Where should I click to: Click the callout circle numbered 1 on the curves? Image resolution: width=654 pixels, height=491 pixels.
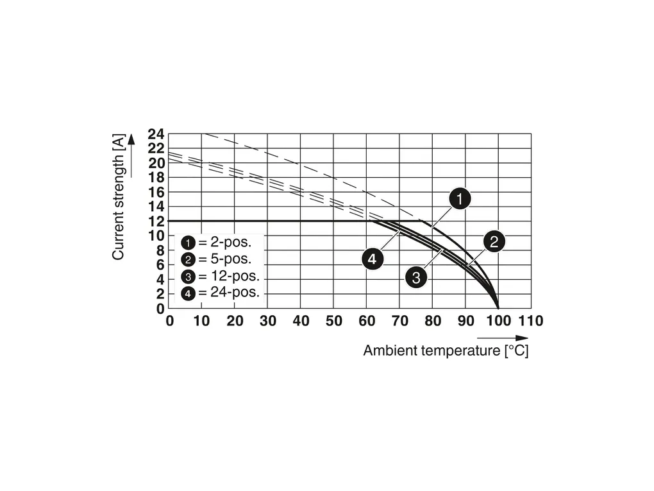coord(459,199)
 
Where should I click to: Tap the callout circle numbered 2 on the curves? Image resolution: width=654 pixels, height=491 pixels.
coord(494,242)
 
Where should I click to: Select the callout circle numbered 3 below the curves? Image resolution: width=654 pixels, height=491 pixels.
coord(416,277)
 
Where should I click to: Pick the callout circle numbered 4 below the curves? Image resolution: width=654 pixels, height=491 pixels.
coord(373,259)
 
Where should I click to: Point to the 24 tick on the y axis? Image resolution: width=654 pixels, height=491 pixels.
coord(156,134)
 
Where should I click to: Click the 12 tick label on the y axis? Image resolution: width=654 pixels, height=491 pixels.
coord(156,221)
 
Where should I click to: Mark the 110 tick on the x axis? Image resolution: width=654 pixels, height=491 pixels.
coord(531,321)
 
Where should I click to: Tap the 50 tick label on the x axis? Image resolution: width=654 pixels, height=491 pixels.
coord(333,321)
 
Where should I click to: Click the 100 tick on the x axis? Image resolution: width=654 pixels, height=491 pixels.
coord(498,321)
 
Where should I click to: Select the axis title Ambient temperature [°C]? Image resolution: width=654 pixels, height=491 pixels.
coord(446,351)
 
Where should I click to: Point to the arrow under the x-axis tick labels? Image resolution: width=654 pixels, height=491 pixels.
coord(503,338)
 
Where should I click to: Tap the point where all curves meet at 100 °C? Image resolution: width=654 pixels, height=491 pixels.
coord(498,308)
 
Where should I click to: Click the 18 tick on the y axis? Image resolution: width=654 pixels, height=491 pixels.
coord(156,178)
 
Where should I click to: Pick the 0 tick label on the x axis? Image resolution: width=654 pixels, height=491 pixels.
coord(169,321)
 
